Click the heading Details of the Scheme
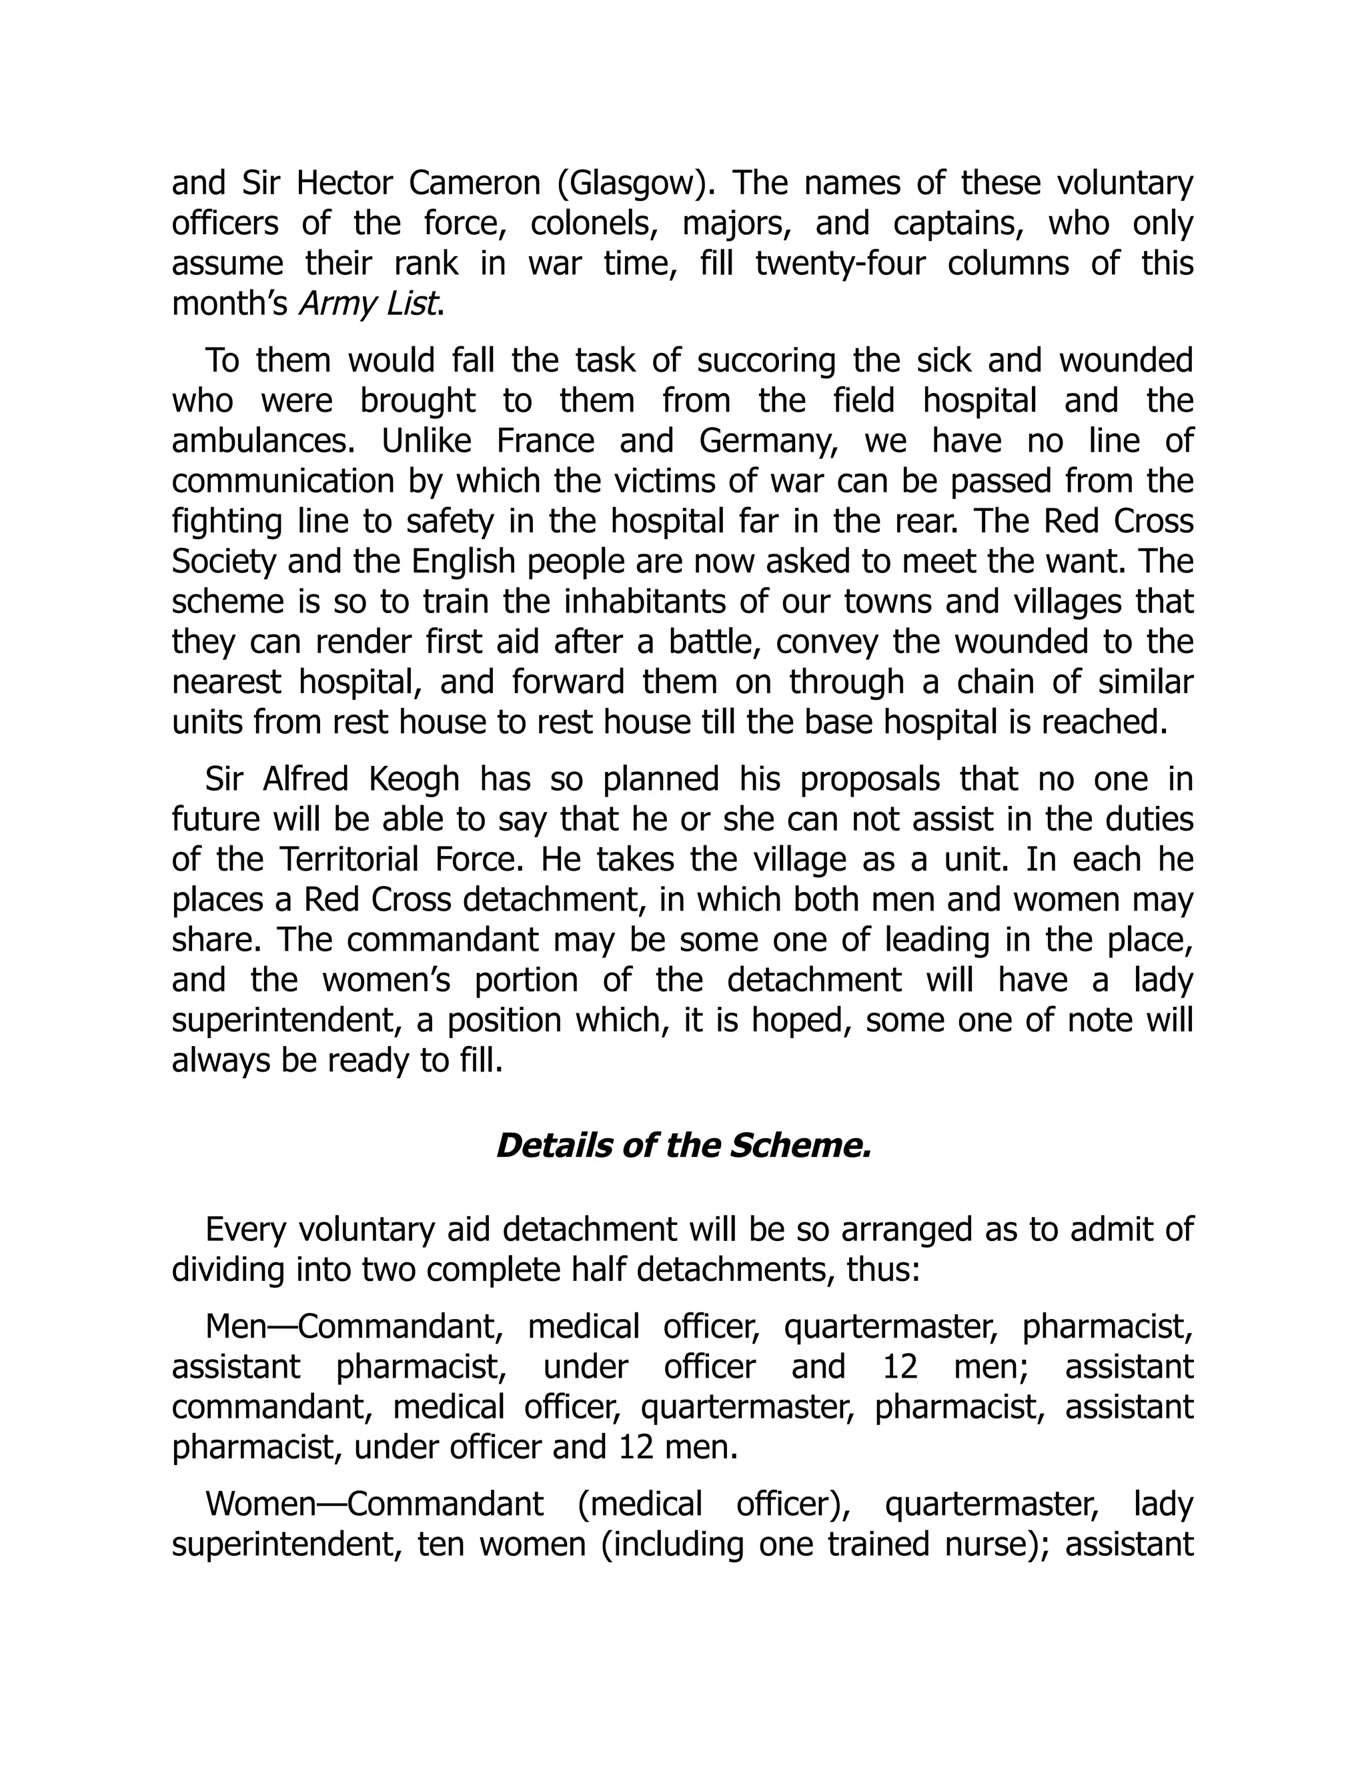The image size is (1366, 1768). pos(682,1146)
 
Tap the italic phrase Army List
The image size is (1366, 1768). pos(370,304)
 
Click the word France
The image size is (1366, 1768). pos(546,441)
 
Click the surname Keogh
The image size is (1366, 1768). pos(414,779)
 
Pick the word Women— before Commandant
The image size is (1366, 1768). pos(263,1503)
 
